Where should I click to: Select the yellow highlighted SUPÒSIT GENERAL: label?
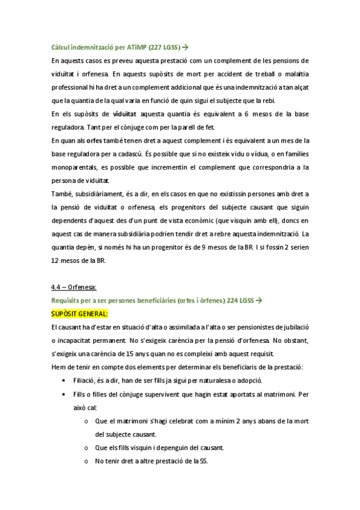pos(79,314)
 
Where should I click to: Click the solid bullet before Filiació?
pos(64,381)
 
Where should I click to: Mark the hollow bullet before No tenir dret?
pos(88,461)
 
